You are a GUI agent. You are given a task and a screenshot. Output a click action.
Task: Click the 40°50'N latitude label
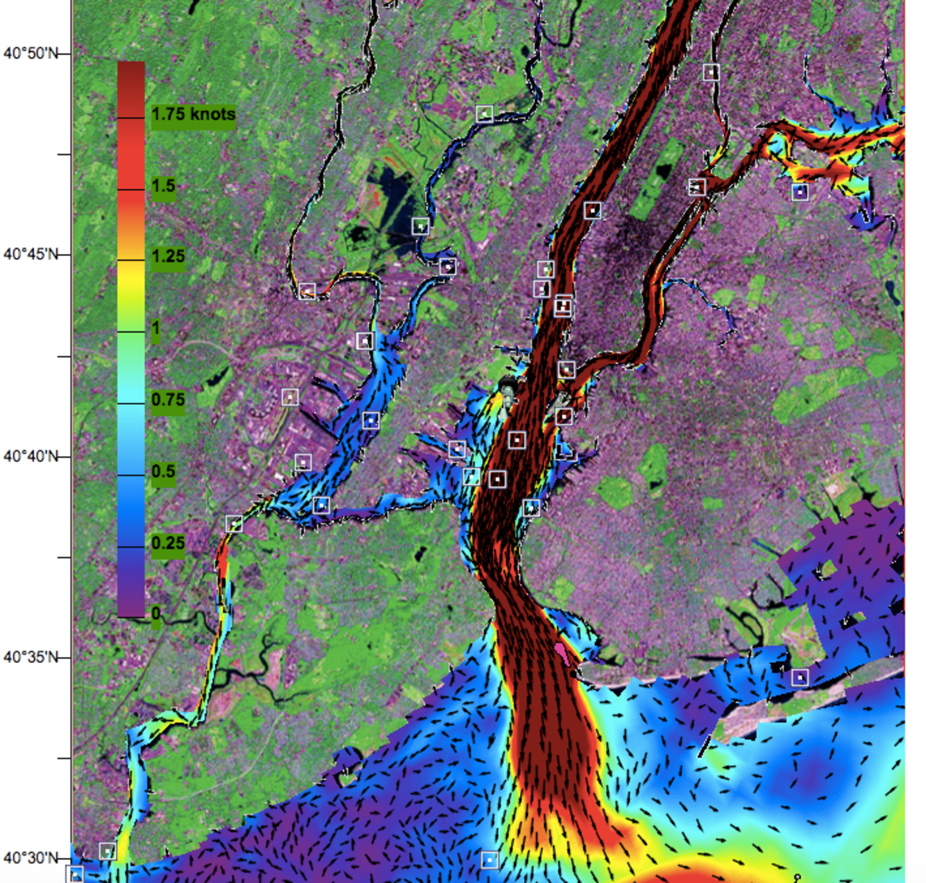point(30,53)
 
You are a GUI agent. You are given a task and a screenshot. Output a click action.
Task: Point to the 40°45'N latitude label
point(30,255)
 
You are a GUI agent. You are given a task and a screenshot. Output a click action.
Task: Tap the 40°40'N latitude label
point(30,456)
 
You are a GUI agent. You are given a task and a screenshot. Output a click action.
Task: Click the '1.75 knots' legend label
point(193,114)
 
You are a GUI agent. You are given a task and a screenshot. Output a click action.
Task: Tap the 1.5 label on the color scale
point(163,186)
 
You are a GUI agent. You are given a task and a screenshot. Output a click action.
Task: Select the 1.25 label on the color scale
point(167,257)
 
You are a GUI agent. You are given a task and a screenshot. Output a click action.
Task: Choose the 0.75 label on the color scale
point(167,400)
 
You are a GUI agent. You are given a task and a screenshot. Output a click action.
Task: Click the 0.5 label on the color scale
point(163,472)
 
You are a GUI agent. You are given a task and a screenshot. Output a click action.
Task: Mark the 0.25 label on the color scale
point(167,543)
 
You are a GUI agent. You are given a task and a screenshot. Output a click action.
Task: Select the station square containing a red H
point(563,306)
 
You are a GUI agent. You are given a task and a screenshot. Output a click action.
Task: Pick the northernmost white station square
point(711,72)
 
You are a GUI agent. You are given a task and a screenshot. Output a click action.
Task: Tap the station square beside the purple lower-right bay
point(800,677)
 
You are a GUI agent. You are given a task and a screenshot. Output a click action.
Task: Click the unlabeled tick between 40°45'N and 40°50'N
point(64,154)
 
